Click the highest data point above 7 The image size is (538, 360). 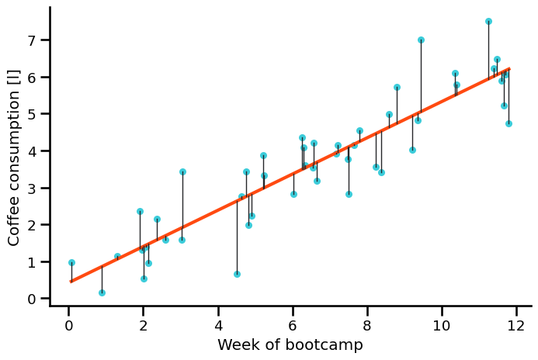(x=488, y=22)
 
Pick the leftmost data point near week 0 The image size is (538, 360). (x=71, y=263)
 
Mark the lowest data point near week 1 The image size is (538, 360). (x=102, y=292)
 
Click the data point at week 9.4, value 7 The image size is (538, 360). (x=421, y=40)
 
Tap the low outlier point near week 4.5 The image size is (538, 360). (x=237, y=274)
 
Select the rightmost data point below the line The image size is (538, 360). (x=508, y=123)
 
